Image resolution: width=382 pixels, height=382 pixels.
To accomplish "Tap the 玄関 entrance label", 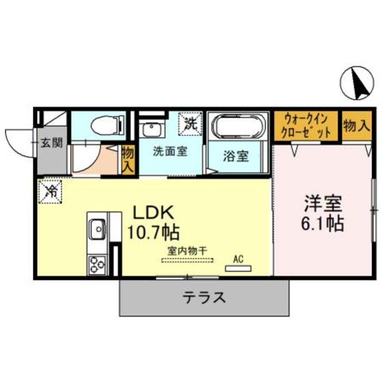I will coord(51,143).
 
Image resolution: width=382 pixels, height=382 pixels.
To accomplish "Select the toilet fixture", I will coord(108,125).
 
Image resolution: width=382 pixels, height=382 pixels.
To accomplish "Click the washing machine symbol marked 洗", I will coord(190,125).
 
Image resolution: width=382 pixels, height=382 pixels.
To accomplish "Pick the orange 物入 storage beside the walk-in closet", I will coord(355,125).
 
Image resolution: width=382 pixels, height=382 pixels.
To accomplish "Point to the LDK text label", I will coord(152,212).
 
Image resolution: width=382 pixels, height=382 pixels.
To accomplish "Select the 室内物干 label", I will coord(187,251).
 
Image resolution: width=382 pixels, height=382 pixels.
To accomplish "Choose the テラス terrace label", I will coord(204,297).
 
